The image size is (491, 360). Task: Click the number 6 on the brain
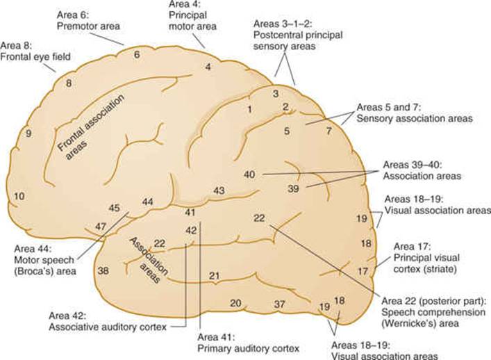tap(137, 54)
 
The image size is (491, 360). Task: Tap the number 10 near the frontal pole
tap(19, 197)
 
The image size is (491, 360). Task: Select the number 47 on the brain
tap(101, 226)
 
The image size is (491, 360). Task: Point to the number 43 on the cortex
tap(219, 190)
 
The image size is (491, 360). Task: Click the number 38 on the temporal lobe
tap(103, 270)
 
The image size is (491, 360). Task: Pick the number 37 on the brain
tap(280, 304)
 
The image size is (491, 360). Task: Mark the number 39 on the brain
tap(293, 188)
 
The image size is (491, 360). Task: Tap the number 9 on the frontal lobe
tap(28, 134)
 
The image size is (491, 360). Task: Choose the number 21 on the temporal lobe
tap(214, 276)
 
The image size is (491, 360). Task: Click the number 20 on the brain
tap(236, 303)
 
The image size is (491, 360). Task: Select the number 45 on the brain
tap(114, 208)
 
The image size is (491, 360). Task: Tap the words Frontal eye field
tap(35, 57)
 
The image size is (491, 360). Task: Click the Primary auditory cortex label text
tap(249, 348)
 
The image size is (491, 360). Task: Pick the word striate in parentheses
tap(440, 269)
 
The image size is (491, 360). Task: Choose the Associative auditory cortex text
tap(108, 327)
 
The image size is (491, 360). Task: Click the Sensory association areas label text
tap(415, 119)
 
